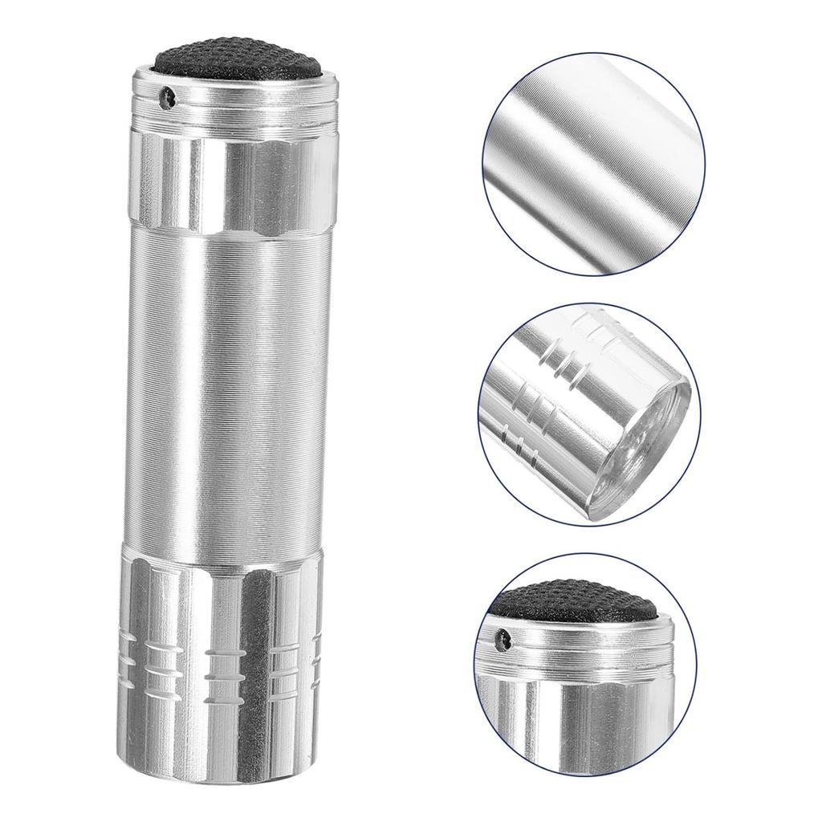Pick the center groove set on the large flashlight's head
point(227,663)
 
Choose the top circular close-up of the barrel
point(593,164)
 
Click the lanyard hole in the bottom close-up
point(504,640)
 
